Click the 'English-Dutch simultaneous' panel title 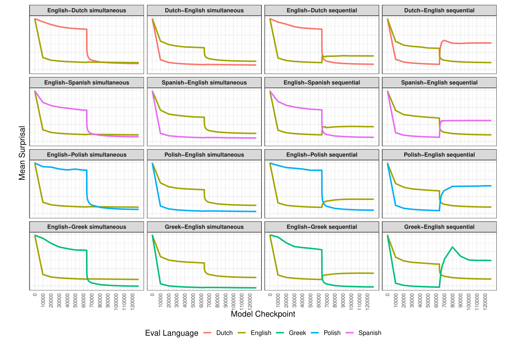(x=86, y=10)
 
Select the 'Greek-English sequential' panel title (x=439, y=227)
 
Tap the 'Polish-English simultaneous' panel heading (x=204, y=155)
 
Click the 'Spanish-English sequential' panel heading (x=439, y=83)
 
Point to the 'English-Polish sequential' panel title (x=322, y=155)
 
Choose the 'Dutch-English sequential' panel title (x=439, y=10)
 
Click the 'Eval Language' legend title (x=172, y=333)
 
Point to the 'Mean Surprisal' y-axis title (x=22, y=153)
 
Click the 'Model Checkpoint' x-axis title (x=263, y=314)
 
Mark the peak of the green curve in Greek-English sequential (x=453, y=247)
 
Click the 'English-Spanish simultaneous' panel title (x=86, y=83)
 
